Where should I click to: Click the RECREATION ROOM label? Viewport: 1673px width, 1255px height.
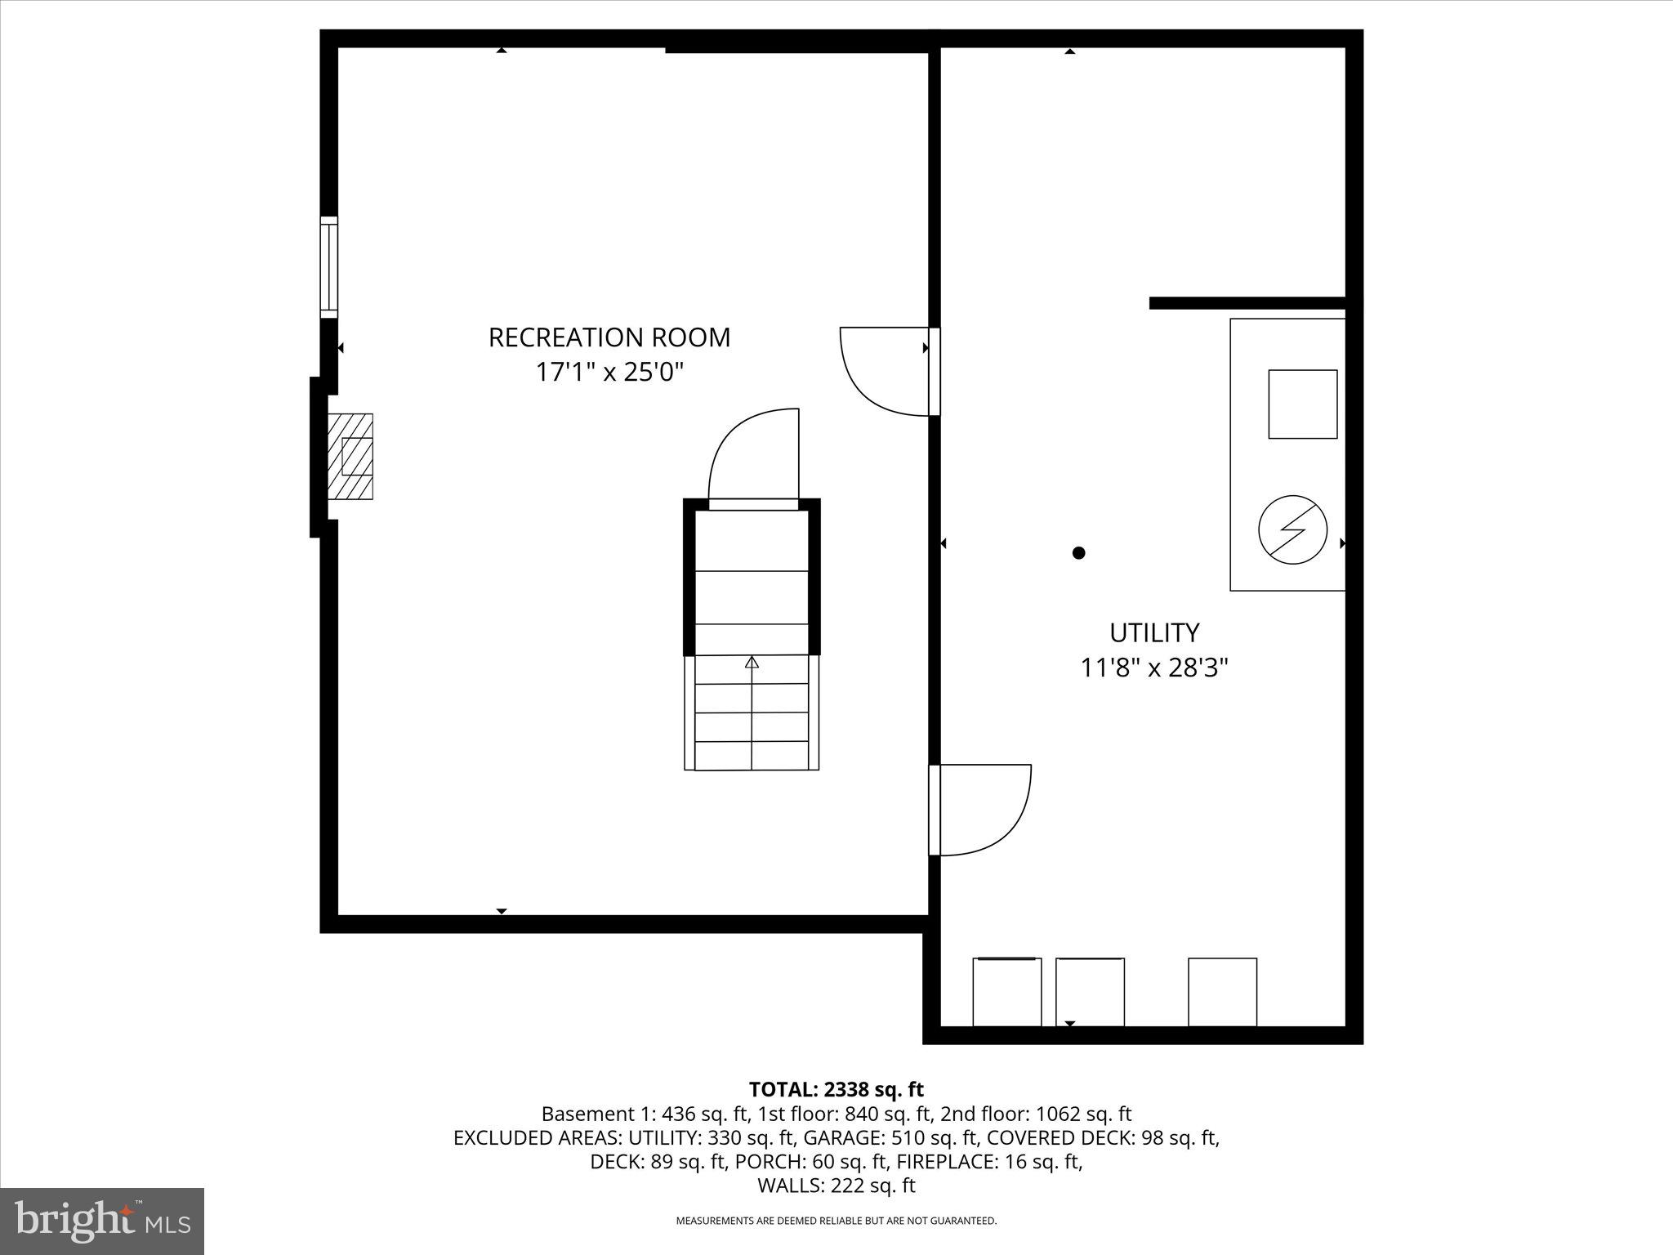coord(609,337)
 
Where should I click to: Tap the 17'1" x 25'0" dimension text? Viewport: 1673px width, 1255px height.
coord(609,373)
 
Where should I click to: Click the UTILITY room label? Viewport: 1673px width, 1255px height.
coord(1153,633)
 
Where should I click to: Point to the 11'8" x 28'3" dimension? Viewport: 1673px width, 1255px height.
coord(1153,668)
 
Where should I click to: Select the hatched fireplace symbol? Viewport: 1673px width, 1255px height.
coord(350,456)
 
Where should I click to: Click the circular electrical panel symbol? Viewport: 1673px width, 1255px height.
coord(1292,529)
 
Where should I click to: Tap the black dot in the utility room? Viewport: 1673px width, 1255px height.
coord(1078,553)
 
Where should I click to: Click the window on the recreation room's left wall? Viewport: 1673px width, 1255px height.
coord(328,266)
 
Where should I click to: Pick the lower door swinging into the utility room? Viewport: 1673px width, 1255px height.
coord(984,810)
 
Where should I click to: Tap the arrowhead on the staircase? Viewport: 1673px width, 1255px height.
coord(752,662)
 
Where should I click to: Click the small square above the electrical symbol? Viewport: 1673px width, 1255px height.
coord(1302,404)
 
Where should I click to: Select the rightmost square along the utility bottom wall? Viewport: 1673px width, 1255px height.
coord(1222,992)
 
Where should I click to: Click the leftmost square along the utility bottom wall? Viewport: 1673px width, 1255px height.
coord(1006,992)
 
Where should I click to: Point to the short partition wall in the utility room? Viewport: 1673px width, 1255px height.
coord(1247,303)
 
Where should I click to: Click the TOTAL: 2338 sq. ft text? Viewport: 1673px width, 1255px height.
coord(836,1089)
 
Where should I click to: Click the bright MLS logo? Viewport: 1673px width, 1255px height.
coord(102,1222)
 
